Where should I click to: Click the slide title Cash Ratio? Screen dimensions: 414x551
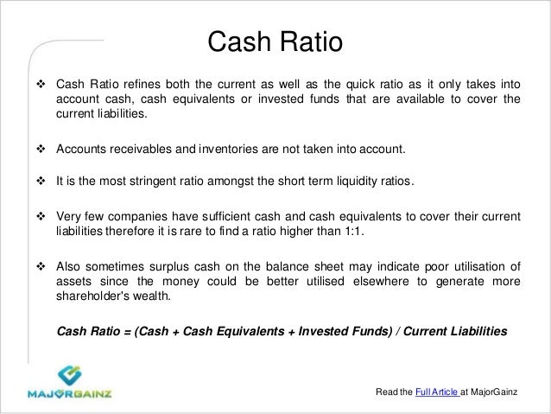tap(275, 41)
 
